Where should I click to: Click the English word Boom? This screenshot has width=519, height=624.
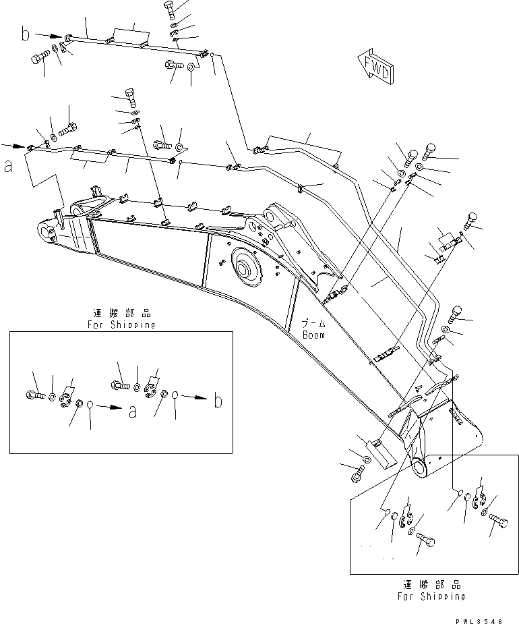click(313, 335)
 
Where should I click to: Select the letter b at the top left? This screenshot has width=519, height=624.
click(25, 34)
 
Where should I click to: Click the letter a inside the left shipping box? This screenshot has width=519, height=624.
click(132, 411)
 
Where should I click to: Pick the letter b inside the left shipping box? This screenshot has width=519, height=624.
click(218, 403)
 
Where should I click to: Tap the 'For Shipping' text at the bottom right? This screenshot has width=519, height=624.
click(431, 596)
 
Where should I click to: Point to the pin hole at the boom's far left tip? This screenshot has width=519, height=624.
click(49, 234)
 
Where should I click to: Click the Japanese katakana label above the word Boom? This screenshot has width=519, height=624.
click(313, 324)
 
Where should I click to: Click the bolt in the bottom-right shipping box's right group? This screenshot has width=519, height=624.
click(501, 521)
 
